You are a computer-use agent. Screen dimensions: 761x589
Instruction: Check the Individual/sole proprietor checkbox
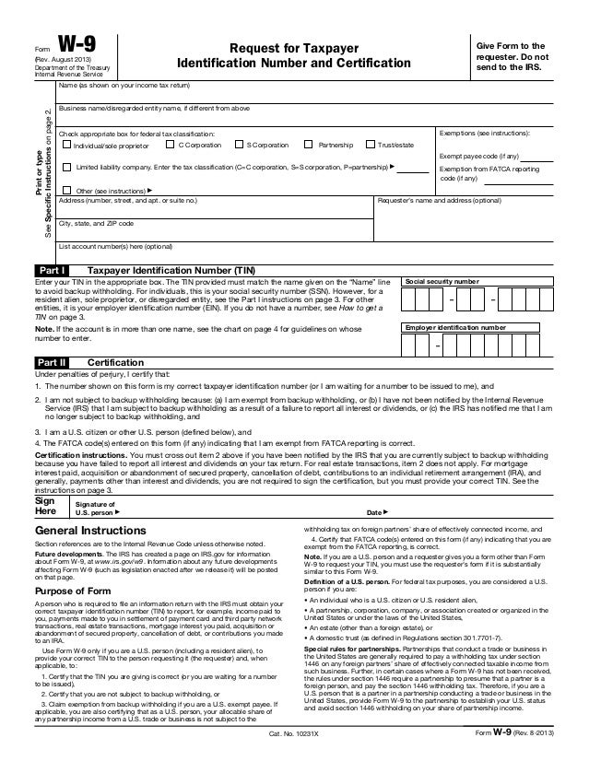(65, 146)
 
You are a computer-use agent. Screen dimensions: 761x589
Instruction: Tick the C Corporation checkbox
(170, 146)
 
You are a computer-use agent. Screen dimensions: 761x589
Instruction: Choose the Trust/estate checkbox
(371, 146)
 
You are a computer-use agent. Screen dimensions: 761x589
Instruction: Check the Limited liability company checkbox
(65, 169)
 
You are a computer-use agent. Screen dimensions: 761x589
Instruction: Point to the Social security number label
(443, 279)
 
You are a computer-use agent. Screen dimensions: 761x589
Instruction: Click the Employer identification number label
(456, 327)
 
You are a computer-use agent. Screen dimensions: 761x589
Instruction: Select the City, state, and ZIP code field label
(97, 224)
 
